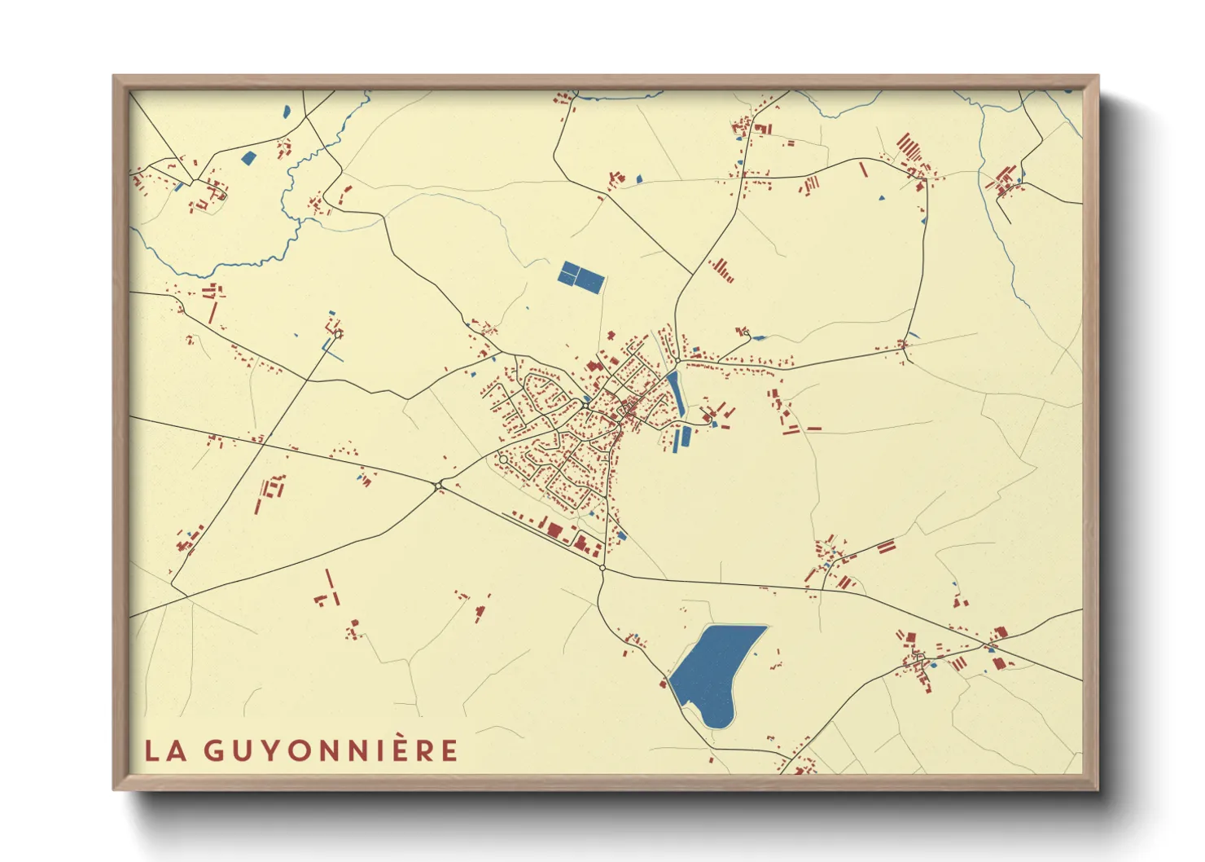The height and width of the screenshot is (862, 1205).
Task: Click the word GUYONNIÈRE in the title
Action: click(331, 750)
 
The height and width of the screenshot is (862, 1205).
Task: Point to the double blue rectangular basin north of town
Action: click(581, 277)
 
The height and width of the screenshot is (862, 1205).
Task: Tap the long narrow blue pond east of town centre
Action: click(675, 391)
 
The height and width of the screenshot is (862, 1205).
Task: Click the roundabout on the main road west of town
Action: click(439, 486)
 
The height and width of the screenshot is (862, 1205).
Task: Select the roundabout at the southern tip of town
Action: click(602, 567)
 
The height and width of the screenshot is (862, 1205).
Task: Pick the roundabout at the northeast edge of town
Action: click(677, 360)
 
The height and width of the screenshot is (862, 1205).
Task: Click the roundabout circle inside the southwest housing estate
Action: click(503, 460)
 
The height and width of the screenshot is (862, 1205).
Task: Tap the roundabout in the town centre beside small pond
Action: click(585, 404)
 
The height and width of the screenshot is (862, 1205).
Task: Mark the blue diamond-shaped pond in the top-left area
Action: click(248, 158)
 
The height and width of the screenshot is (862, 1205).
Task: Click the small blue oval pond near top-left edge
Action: click(286, 112)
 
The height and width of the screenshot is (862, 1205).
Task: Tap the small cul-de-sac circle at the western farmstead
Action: click(338, 333)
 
